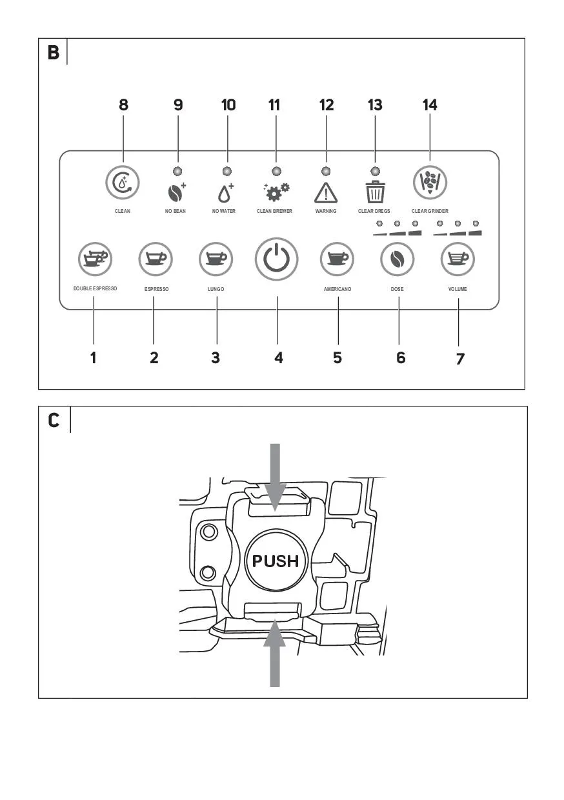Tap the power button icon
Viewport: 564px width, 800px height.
(276, 259)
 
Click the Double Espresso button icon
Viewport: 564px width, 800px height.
(95, 259)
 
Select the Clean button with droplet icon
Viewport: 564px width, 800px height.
(123, 183)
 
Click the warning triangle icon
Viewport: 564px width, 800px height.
(326, 193)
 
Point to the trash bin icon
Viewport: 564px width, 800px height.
(375, 192)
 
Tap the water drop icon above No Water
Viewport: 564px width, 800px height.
(226, 193)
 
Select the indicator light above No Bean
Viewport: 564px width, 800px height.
(177, 172)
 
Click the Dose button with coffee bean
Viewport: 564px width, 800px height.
(398, 259)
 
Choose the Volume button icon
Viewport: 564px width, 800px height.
(458, 259)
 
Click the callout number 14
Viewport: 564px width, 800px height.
(430, 105)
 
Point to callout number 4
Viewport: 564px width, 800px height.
(279, 357)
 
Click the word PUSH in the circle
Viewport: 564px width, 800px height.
(276, 561)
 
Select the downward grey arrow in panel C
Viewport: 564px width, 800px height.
(275, 477)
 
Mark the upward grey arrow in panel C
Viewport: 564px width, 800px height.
(275, 653)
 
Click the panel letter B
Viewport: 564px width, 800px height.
(54, 52)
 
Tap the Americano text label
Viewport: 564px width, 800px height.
(337, 289)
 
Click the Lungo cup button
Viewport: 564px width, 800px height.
(216, 259)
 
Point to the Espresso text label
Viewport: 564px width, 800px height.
(156, 289)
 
